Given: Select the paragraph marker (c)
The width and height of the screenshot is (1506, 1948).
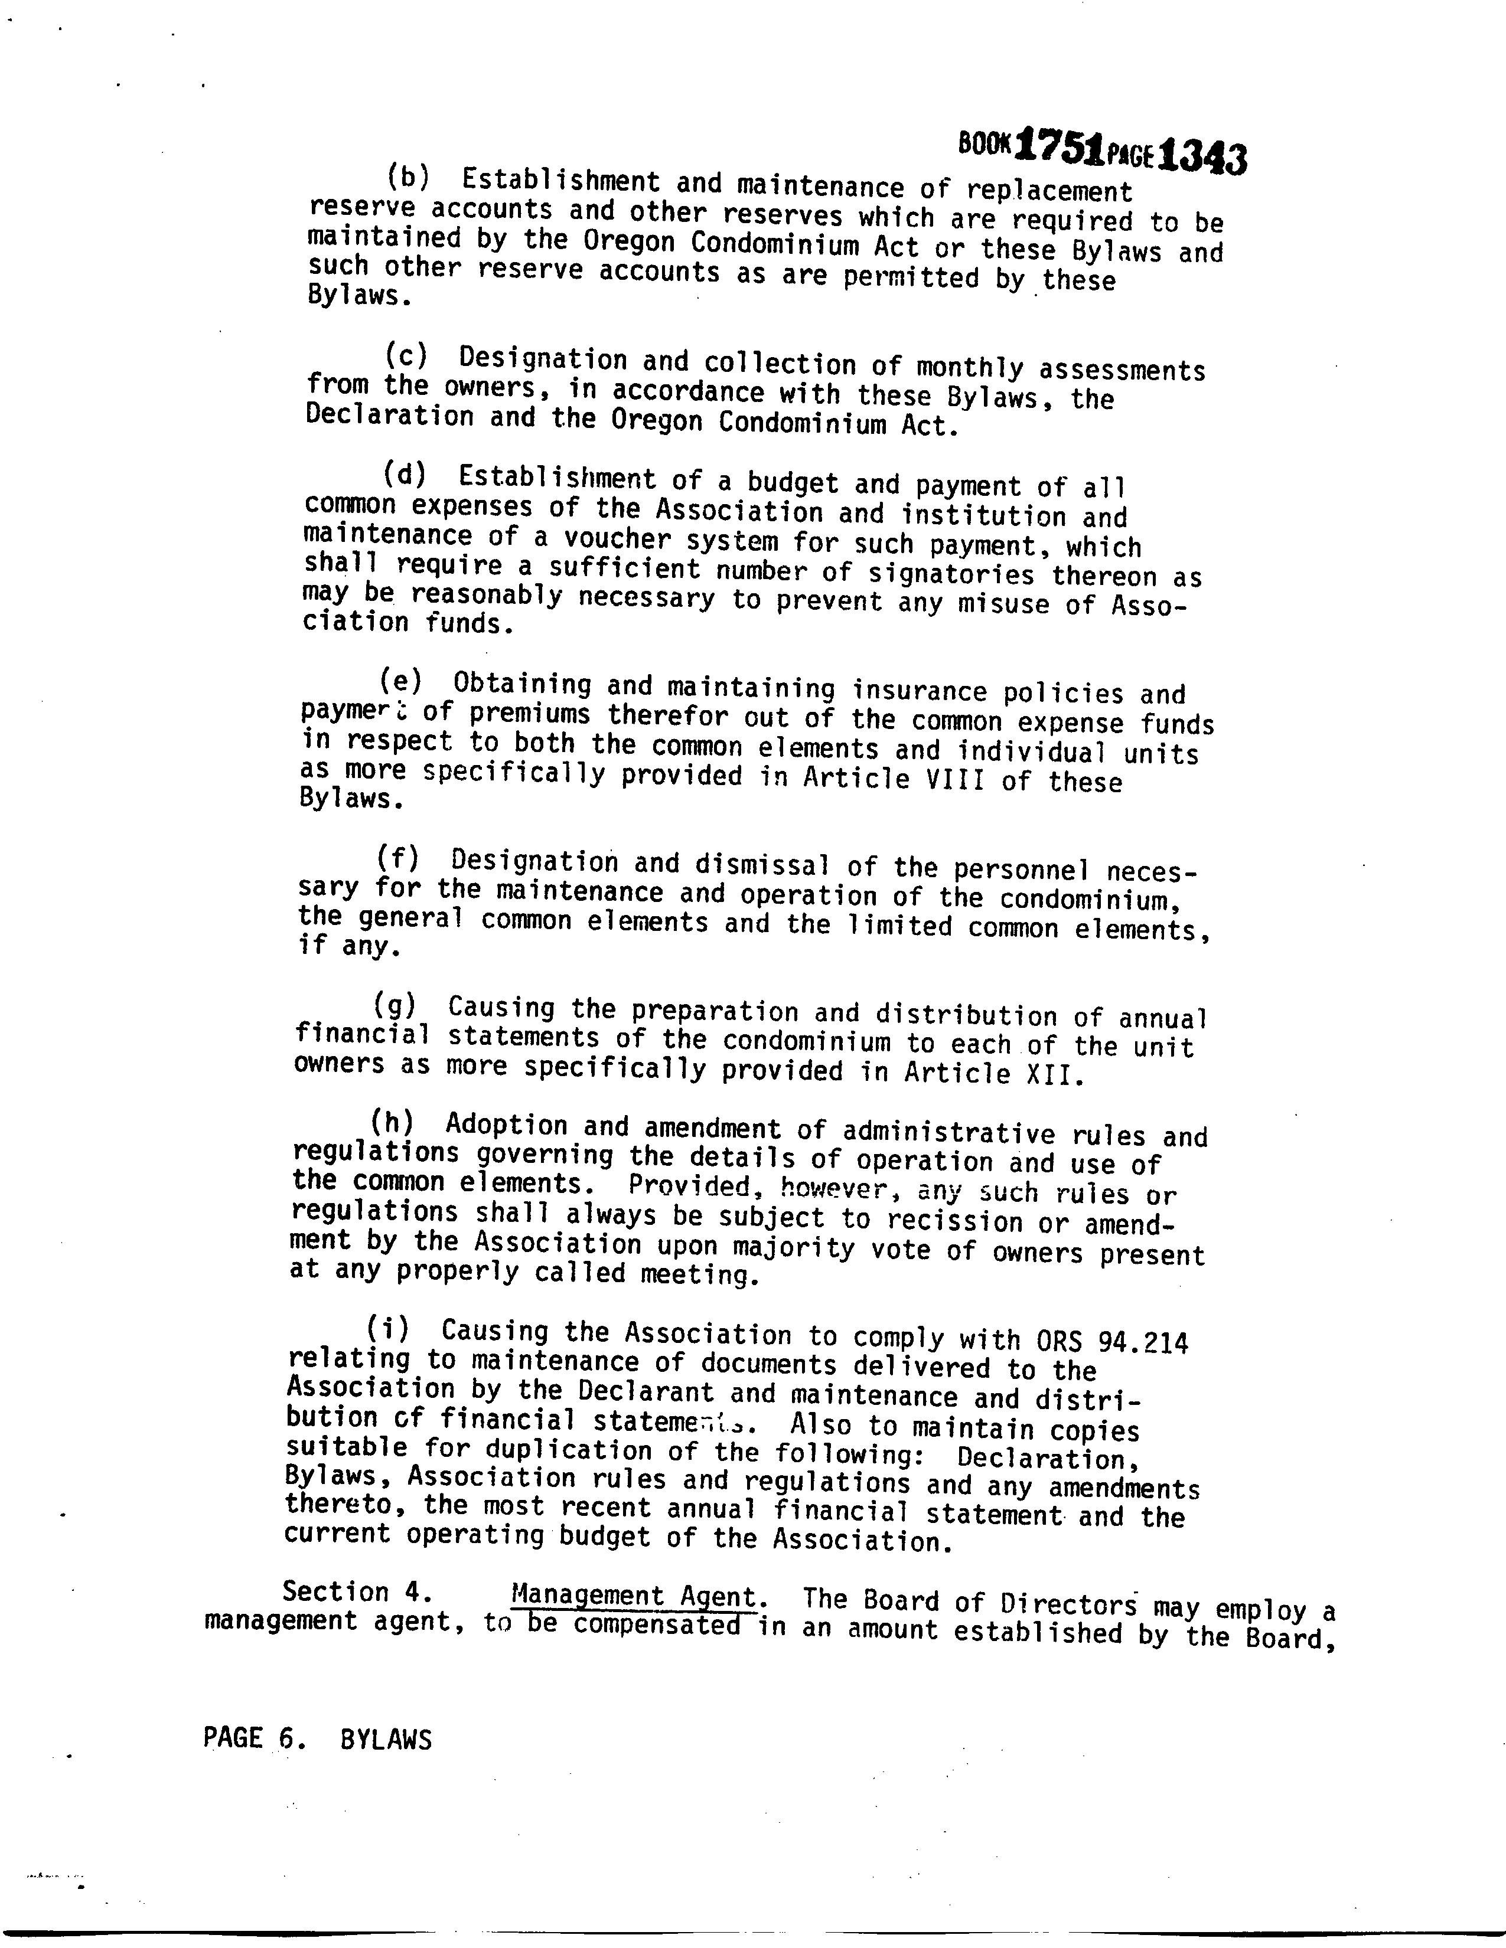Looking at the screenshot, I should (x=406, y=355).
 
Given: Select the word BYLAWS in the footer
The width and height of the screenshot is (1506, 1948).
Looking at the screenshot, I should (x=386, y=1739).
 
